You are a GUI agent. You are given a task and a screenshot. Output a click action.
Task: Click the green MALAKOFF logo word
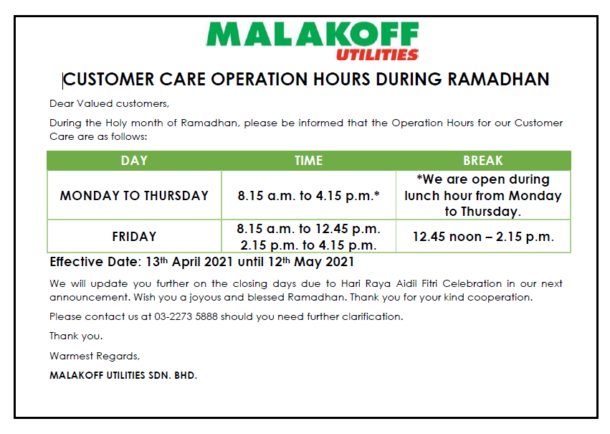point(313,34)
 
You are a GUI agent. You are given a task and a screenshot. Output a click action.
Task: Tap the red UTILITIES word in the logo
point(377,55)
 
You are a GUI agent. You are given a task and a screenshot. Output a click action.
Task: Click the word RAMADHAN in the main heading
point(498,80)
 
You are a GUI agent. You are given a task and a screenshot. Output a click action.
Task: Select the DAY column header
point(134,161)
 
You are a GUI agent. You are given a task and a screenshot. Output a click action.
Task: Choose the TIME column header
point(308,161)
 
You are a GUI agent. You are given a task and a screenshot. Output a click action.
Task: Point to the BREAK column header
point(483,161)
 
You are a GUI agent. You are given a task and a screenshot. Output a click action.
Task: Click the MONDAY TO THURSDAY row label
point(134,195)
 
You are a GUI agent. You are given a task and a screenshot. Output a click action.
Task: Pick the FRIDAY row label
point(134,237)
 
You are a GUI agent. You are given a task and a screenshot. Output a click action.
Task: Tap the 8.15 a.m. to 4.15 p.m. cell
point(308,195)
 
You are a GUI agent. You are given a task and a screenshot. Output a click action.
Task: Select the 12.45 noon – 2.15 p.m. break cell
point(483,237)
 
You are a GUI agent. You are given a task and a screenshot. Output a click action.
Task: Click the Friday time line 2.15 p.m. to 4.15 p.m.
point(308,245)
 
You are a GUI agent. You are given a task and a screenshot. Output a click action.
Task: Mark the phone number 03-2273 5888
point(186,316)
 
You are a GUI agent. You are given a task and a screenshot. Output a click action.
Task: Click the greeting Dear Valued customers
point(110,103)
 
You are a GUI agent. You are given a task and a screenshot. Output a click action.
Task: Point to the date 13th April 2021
point(190,262)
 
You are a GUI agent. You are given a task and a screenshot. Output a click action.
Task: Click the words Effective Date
point(94,262)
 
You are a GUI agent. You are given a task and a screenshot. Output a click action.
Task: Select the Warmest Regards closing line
point(95,356)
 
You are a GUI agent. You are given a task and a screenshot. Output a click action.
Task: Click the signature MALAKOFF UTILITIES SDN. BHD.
point(123,375)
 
